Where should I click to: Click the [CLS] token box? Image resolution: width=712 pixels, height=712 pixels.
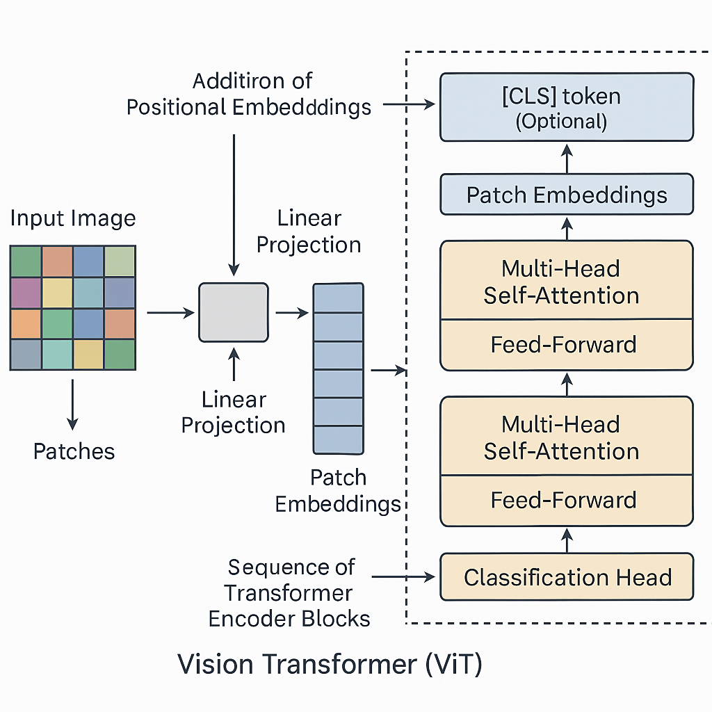click(567, 108)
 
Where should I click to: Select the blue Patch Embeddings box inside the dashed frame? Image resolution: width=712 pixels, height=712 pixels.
click(567, 195)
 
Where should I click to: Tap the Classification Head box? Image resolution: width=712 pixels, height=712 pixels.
click(567, 577)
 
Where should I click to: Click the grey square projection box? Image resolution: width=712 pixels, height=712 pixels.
click(234, 313)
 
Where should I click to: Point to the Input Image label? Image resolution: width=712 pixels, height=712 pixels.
click(73, 219)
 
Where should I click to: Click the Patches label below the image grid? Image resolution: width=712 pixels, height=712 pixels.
click(74, 451)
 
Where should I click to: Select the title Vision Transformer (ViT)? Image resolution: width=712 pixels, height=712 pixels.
click(330, 664)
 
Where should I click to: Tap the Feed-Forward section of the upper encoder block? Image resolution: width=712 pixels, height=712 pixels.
click(564, 345)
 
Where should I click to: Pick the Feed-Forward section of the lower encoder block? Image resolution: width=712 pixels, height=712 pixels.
click(564, 501)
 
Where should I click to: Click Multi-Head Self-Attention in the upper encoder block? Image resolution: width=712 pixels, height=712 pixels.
click(561, 282)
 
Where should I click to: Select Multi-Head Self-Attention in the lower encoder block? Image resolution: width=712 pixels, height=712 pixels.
click(561, 437)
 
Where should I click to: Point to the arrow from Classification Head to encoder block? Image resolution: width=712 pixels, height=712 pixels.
click(567, 540)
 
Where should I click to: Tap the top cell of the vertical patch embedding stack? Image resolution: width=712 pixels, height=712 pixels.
click(339, 298)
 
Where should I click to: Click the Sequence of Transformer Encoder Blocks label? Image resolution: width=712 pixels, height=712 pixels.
click(290, 592)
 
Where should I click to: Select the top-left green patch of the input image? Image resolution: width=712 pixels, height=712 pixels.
click(26, 261)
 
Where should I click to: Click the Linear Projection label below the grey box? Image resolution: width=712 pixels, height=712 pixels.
click(234, 412)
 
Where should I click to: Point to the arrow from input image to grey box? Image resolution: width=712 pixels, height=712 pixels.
click(170, 314)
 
